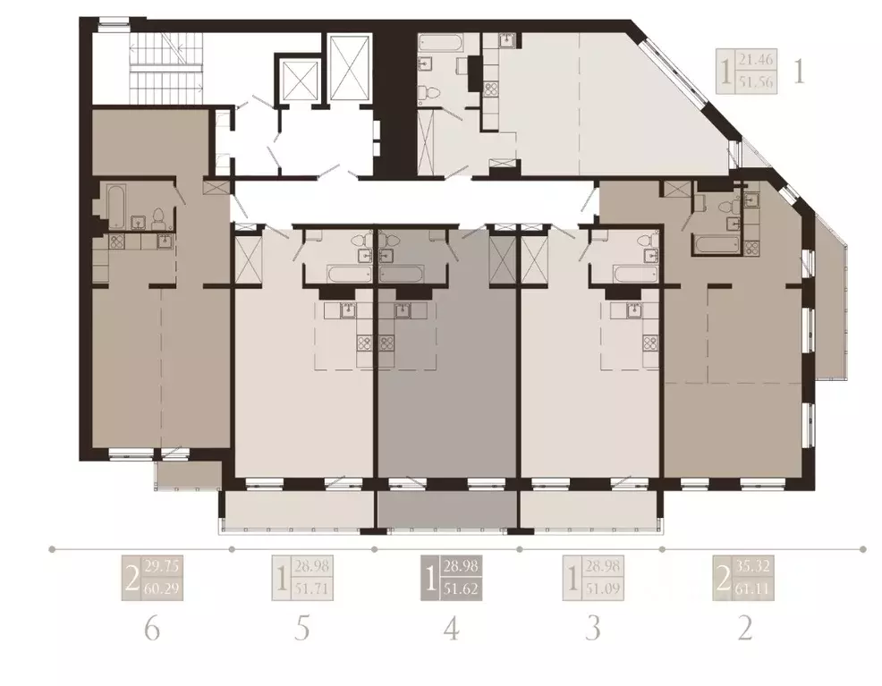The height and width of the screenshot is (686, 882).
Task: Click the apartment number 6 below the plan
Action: (152, 629)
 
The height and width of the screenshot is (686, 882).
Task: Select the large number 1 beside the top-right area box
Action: (800, 71)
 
